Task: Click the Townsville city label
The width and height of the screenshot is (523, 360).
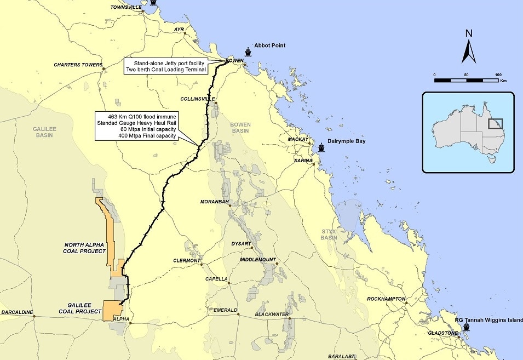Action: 126,7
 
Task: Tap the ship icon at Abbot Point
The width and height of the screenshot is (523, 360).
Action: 249,52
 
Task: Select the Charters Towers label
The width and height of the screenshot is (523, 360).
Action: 78,65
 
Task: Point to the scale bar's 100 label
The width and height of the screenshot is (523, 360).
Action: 498,74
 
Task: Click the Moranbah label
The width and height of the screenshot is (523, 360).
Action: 213,202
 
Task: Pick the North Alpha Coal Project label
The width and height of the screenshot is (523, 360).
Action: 85,247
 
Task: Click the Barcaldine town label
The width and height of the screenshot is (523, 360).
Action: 17,312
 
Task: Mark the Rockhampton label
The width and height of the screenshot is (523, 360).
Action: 387,299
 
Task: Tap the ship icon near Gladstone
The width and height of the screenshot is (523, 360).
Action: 467,327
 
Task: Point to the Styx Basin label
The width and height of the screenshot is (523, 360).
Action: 329,235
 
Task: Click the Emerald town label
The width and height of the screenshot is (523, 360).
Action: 225,310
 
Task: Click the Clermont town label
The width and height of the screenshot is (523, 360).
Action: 187,260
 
